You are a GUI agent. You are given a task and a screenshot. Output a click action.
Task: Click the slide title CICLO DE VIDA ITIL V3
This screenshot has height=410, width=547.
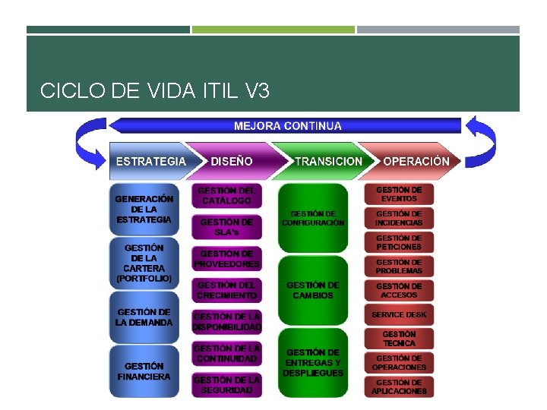click(154, 92)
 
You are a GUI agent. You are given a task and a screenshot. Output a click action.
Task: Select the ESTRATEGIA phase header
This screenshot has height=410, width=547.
click(150, 161)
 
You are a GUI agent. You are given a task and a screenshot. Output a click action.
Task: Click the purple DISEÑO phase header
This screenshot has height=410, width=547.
click(231, 161)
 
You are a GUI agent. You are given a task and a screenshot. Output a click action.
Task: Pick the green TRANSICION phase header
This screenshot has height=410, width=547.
click(327, 161)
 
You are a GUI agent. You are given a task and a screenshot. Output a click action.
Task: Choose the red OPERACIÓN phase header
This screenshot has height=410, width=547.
click(416, 161)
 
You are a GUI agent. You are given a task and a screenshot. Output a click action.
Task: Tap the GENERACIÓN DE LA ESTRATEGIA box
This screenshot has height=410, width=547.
click(144, 209)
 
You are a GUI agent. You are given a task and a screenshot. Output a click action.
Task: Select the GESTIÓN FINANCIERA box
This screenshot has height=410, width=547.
click(144, 371)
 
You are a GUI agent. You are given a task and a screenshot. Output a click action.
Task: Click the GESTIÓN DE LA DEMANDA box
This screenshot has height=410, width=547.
click(144, 317)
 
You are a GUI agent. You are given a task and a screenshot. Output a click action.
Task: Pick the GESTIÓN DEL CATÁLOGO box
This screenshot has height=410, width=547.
click(226, 196)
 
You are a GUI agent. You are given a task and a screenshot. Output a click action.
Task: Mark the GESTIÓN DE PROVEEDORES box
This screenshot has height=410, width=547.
click(226, 259)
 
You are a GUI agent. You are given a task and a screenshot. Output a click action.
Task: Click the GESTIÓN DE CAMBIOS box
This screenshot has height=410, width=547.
click(312, 290)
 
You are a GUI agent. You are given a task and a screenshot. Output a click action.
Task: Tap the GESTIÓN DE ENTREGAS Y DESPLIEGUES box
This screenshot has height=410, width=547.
click(312, 362)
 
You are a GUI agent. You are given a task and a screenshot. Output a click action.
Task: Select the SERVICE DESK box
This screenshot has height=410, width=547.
click(399, 314)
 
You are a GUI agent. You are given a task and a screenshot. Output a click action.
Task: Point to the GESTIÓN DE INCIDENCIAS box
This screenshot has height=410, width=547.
click(399, 219)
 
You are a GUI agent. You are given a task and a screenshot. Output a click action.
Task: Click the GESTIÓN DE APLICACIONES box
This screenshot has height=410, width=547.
click(399, 387)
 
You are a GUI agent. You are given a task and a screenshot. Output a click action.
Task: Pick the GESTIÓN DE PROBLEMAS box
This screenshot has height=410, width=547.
click(399, 266)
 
